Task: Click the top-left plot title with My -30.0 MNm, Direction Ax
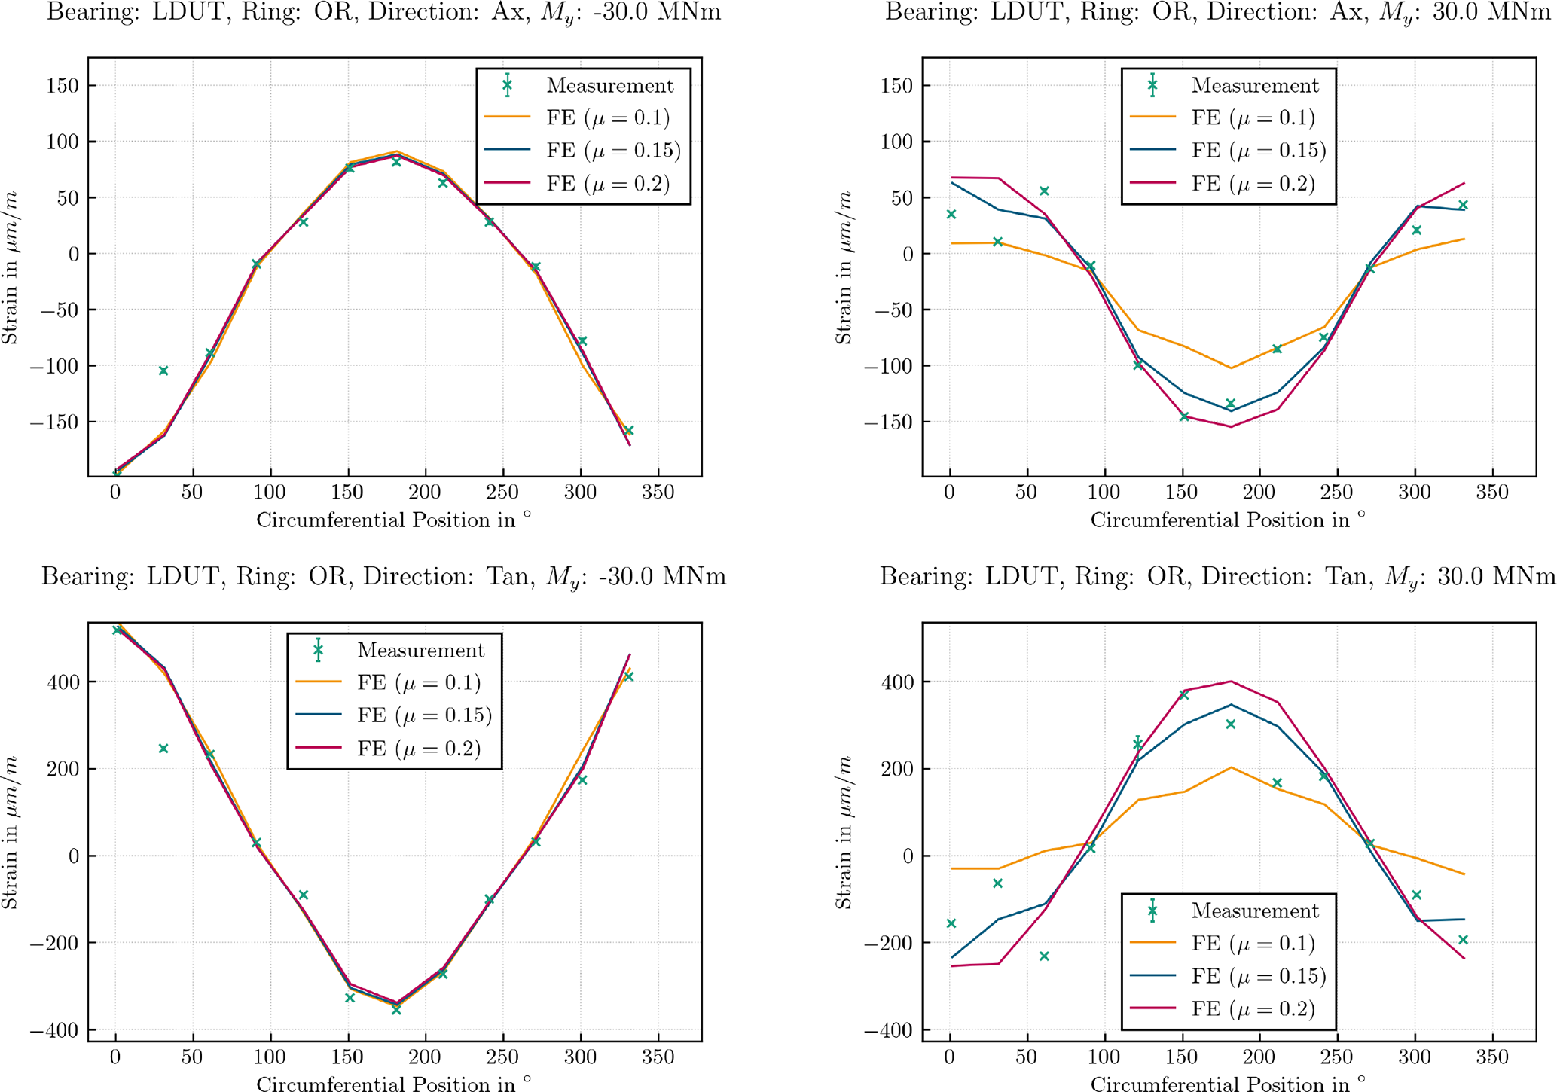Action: pos(384,13)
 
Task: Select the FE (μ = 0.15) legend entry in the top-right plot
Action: pos(1258,151)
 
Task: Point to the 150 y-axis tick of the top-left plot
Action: pos(63,85)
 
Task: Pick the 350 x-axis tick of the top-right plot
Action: pos(1491,493)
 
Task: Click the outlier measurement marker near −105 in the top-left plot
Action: pos(163,371)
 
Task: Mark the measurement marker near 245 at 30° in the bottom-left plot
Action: pos(163,749)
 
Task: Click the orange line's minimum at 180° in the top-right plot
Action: pos(1231,368)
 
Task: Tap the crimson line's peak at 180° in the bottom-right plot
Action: pos(1231,681)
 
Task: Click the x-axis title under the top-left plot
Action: pos(393,520)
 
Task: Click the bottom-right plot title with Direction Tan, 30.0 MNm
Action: pos(1217,577)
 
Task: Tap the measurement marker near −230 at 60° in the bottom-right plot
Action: pos(1044,956)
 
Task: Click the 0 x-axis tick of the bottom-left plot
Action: pos(115,1057)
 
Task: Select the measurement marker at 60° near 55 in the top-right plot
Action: pos(1044,191)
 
